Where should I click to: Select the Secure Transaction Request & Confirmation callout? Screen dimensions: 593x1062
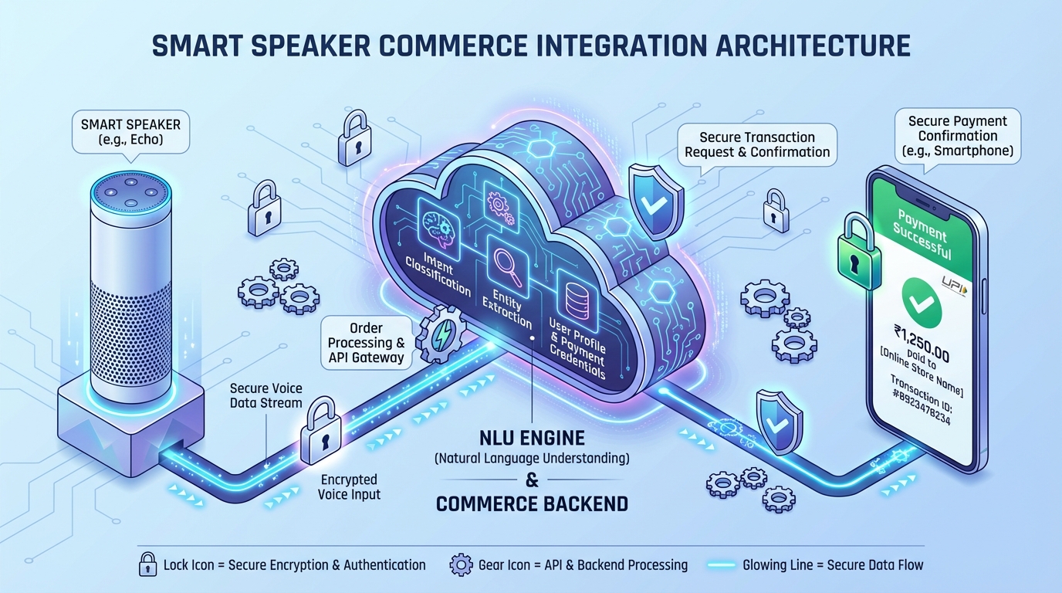click(757, 144)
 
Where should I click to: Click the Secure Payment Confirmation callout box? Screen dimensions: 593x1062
click(957, 135)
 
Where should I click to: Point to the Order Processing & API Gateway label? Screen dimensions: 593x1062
click(366, 343)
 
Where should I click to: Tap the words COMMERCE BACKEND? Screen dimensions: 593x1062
click(532, 504)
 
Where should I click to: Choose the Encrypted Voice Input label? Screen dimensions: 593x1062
click(350, 486)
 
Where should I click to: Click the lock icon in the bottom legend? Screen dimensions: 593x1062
click(147, 564)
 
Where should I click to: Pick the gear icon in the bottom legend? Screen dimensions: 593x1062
click(460, 564)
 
